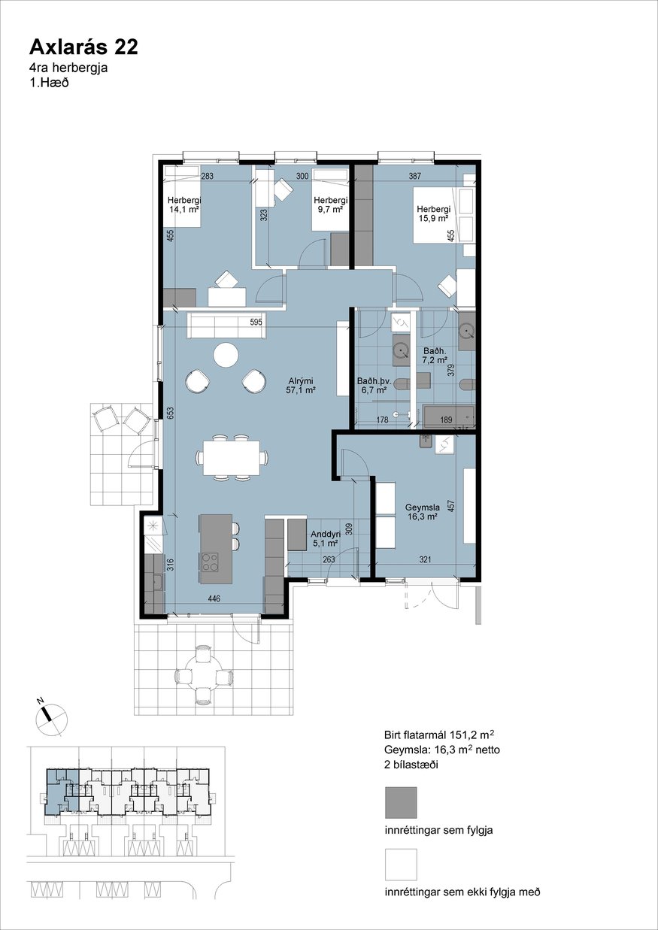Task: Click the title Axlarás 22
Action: click(83, 48)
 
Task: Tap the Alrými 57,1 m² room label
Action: click(301, 385)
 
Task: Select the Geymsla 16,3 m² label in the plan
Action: click(423, 512)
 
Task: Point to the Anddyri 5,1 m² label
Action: click(326, 538)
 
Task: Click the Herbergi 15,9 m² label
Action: click(433, 214)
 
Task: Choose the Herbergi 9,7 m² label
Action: click(330, 204)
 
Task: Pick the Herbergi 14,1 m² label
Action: click(184, 204)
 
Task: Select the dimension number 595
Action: click(256, 322)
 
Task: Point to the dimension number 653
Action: click(171, 413)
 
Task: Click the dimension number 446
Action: click(214, 598)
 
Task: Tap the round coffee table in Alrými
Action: click(226, 354)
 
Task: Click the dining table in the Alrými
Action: click(232, 458)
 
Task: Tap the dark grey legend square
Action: click(401, 802)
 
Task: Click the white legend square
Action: click(401, 865)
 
